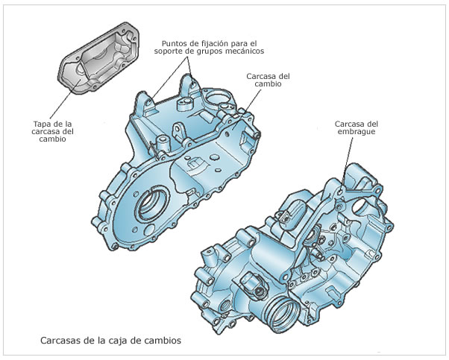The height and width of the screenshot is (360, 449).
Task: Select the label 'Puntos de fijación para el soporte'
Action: [213, 46]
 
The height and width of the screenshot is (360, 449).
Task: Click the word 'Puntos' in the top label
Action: [176, 42]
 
